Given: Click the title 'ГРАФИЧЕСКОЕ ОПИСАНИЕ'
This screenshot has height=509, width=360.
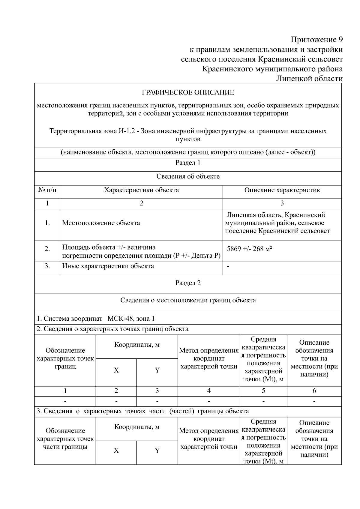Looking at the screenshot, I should [x=188, y=92].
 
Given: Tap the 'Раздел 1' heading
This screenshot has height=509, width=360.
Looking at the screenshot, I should [x=188, y=163].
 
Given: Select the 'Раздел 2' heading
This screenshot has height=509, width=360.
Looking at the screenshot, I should [x=188, y=283].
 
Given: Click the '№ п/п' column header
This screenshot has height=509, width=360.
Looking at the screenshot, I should [x=47, y=190].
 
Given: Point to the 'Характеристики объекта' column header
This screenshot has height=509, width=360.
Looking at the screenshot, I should [x=141, y=190].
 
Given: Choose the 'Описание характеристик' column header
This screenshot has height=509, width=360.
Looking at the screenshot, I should [x=282, y=190].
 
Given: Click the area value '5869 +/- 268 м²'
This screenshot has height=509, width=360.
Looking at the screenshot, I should [x=249, y=249].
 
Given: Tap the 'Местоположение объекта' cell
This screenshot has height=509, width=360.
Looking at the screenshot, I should [x=101, y=223].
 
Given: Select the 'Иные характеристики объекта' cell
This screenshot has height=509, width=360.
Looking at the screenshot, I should [x=108, y=266].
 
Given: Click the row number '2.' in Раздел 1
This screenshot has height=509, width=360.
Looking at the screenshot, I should [x=47, y=249].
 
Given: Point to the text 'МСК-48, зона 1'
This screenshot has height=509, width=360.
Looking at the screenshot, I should [x=131, y=319].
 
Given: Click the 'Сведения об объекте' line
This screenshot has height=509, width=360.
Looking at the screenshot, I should [x=188, y=176].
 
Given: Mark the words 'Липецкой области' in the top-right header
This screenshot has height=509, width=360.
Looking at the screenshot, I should [x=309, y=79].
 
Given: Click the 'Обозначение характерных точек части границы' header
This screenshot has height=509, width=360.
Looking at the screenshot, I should [x=65, y=439].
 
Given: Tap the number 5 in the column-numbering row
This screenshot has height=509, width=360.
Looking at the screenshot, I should [x=263, y=391].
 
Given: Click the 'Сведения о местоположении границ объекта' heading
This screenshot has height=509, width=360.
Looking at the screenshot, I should [x=188, y=300].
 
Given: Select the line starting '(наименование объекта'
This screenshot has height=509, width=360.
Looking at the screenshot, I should [x=188, y=152].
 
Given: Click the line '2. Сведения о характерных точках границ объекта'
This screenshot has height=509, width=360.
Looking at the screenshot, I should [x=112, y=329].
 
